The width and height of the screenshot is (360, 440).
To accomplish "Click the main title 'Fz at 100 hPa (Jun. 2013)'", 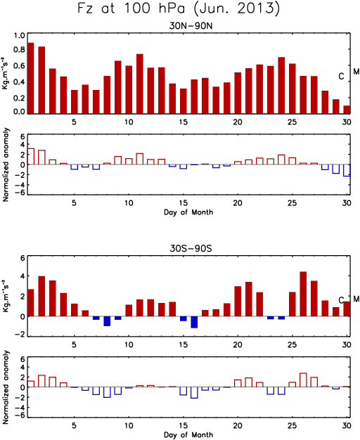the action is point(179,8).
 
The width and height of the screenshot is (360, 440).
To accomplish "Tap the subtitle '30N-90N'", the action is point(191,26).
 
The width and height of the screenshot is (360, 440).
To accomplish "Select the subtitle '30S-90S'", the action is point(191,248).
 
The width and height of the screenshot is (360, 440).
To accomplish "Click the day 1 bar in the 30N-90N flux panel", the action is point(31,78).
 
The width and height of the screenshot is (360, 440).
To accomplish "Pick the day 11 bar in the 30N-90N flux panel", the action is point(139,84).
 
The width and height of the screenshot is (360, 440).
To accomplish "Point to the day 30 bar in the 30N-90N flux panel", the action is point(347,110).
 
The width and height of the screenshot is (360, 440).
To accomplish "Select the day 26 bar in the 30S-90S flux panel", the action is point(303,294).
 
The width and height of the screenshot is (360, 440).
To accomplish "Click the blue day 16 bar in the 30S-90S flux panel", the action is point(194,322).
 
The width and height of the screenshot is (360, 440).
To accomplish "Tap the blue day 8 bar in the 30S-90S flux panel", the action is point(107,321).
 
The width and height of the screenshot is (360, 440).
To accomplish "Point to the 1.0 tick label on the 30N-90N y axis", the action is point(20,36).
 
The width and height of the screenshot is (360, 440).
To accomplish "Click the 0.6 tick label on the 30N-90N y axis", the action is point(20,66).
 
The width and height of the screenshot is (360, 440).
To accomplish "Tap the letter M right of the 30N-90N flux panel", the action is point(356,72).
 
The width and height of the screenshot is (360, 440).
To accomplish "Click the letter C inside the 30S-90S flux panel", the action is point(341,300).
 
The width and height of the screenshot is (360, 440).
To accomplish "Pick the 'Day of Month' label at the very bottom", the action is point(188,434).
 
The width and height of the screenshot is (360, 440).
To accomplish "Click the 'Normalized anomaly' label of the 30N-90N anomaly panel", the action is point(6,164).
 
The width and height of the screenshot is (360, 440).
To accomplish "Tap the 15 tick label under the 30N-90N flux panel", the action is point(183,122).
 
